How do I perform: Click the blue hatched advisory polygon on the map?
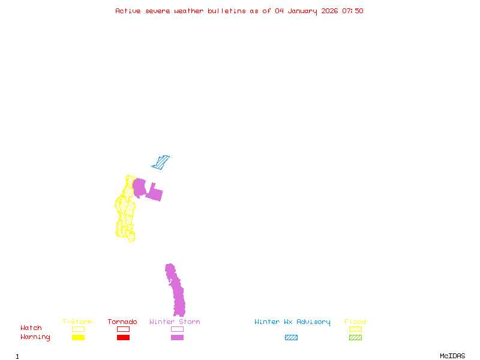(161, 162)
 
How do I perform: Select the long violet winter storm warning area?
(176, 291)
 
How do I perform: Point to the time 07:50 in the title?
(353, 11)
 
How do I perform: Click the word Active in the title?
(128, 11)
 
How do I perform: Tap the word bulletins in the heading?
(226, 11)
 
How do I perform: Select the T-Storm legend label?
(77, 322)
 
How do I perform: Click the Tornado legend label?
(122, 322)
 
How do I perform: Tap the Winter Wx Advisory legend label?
(292, 322)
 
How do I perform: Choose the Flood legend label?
(355, 322)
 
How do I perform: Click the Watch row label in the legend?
(31, 328)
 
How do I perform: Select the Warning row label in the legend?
(35, 337)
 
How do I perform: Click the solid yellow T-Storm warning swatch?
(78, 337)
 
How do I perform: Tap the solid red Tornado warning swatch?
(123, 337)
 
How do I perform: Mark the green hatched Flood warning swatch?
(355, 337)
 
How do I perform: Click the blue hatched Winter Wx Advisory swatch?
(291, 337)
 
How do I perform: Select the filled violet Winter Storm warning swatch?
(177, 337)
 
